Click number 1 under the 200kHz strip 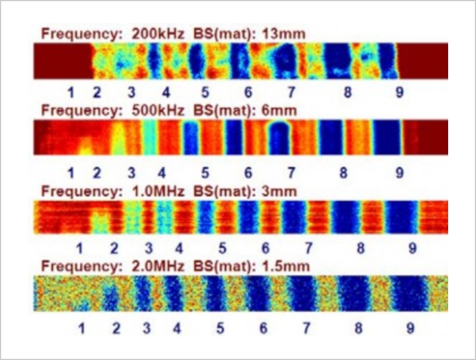point(70,92)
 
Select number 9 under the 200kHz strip point(399,92)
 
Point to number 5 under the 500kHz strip point(205,172)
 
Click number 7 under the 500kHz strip point(291,172)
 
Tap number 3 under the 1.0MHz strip point(149,249)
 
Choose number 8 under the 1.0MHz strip point(360,249)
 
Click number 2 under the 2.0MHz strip point(116,328)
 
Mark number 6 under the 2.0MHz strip point(264,328)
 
